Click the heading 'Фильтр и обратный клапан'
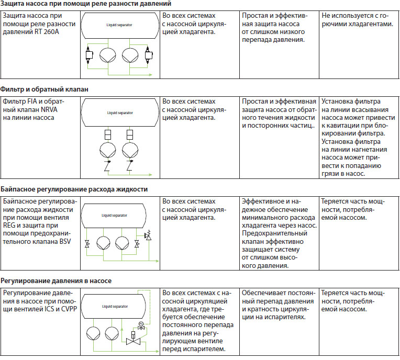pyautogui.click(x=44, y=89)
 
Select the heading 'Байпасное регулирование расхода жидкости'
pyautogui.click(x=74, y=189)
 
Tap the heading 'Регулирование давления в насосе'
pyautogui.click(x=56, y=281)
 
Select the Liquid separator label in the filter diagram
pyautogui.click(x=119, y=113)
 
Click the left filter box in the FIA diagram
pyautogui.click(x=108, y=135)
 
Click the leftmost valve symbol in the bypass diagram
pyautogui.click(x=87, y=244)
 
